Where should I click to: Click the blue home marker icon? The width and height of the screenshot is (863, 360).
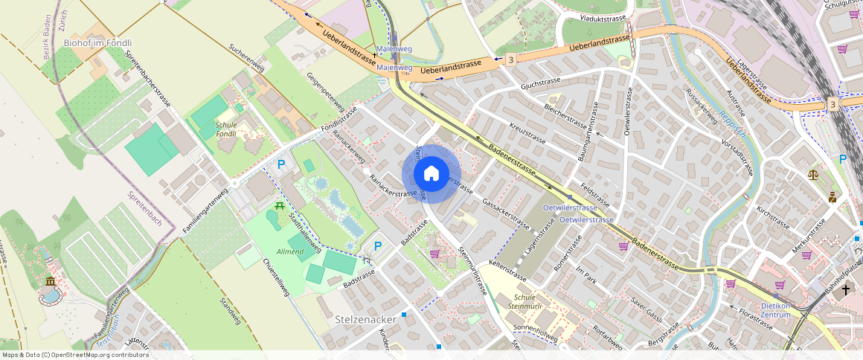(x=431, y=174)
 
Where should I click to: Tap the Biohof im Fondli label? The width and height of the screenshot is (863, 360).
(x=97, y=43)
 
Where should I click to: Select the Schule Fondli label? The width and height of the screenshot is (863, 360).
(x=226, y=130)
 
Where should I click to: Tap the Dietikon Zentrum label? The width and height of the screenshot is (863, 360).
(x=785, y=309)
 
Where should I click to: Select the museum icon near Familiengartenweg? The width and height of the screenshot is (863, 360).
(x=50, y=282)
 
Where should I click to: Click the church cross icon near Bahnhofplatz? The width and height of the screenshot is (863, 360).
(x=845, y=291)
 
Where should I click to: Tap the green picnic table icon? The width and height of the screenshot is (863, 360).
(x=280, y=205)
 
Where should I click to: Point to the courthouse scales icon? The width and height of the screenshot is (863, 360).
(x=812, y=174)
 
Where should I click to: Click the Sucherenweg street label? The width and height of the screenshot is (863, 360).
(x=247, y=57)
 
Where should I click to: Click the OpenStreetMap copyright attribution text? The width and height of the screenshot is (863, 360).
(x=75, y=355)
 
